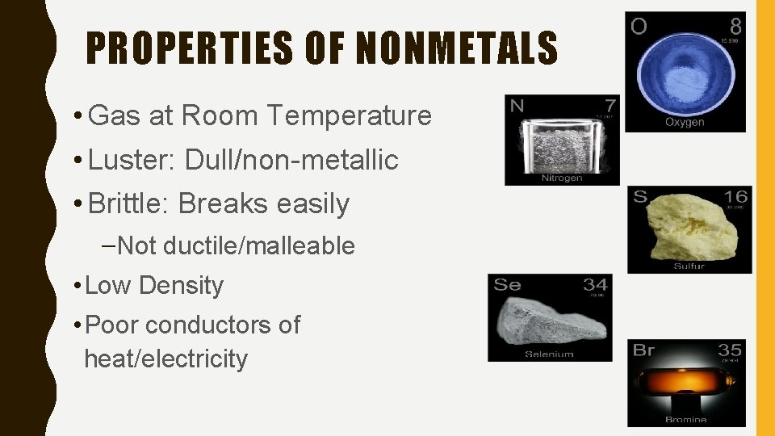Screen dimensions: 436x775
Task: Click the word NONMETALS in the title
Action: [x=457, y=48]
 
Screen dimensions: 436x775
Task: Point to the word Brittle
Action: [x=128, y=204]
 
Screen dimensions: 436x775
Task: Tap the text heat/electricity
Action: [x=165, y=358]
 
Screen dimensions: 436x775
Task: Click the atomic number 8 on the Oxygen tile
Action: [x=735, y=26]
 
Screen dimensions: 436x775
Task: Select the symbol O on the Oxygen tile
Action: [x=639, y=27]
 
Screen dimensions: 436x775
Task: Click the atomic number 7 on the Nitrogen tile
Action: [x=610, y=105]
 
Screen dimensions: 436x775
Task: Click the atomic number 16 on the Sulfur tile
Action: [x=736, y=196]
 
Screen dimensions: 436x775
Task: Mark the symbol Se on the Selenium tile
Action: [x=507, y=284]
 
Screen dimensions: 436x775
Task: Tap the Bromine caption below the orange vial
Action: [x=686, y=419]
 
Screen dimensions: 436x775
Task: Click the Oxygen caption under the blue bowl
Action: [x=685, y=122]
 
